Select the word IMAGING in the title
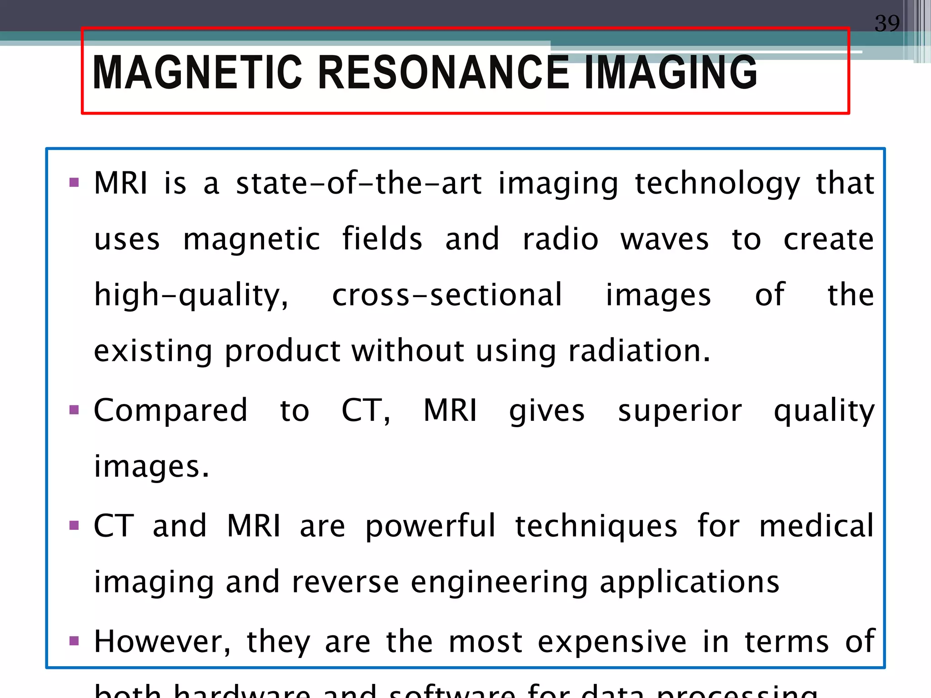point(671,73)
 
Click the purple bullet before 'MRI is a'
point(74,183)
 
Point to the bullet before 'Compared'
point(74,410)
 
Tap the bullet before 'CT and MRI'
point(74,526)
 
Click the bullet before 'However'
point(74,641)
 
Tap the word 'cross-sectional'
point(447,295)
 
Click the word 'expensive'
point(612,642)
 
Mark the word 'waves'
point(665,239)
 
